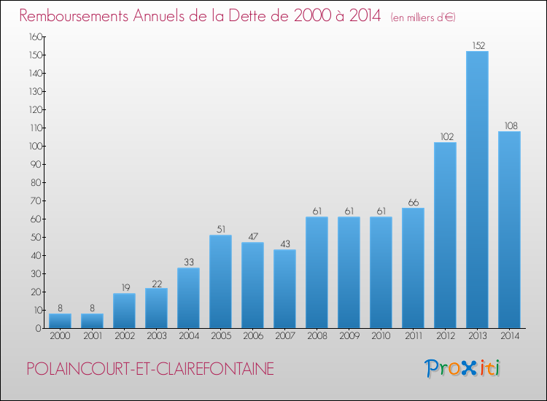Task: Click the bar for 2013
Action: click(477, 190)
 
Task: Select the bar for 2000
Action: click(60, 321)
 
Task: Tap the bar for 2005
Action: click(220, 281)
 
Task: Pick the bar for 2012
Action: click(445, 235)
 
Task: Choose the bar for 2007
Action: click(284, 289)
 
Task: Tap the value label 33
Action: click(188, 262)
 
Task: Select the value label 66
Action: click(413, 202)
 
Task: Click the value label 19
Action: click(124, 287)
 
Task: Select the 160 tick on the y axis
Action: click(34, 36)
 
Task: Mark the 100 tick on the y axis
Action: click(34, 146)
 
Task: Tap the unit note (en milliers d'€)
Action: click(423, 17)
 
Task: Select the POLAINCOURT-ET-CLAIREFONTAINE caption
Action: click(150, 369)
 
